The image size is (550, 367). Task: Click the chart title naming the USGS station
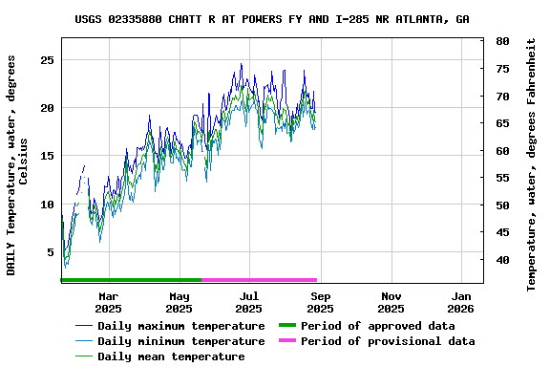[x=271, y=19]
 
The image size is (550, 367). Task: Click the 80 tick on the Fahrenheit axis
[x=502, y=41]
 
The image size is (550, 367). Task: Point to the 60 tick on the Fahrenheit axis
[x=502, y=150]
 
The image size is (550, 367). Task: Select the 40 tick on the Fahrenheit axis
[x=502, y=260]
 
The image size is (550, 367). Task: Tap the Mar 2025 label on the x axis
[x=108, y=302]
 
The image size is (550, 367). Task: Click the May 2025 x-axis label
[x=179, y=302]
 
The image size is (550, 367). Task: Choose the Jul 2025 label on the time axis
[x=249, y=302]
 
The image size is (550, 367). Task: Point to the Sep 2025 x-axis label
[x=320, y=302]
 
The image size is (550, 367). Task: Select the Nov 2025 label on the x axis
[x=391, y=302]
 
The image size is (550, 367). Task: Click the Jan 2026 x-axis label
[x=461, y=302]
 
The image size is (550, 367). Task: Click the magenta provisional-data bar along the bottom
[x=259, y=280]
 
